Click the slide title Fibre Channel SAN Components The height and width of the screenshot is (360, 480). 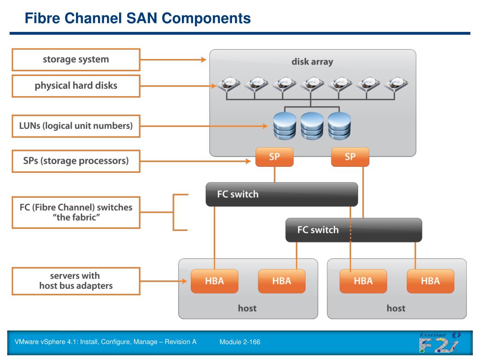tap(137, 18)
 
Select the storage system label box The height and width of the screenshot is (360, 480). tap(76, 60)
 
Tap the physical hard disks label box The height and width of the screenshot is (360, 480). tap(76, 86)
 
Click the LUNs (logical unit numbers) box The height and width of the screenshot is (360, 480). tap(76, 126)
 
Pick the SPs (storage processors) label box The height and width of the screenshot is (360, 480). tap(76, 161)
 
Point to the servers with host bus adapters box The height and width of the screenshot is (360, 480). tap(76, 281)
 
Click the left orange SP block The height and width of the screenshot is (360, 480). tap(274, 157)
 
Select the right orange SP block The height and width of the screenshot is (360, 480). tap(350, 157)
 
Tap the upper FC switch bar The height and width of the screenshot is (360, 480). tap(282, 195)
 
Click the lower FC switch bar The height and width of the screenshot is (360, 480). tap(353, 230)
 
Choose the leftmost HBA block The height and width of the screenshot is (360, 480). tap(214, 281)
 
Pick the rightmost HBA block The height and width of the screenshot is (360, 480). tap(430, 281)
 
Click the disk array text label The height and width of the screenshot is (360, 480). tap(312, 62)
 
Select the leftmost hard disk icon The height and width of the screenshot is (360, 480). tap(229, 84)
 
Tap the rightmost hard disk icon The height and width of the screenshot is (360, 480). tap(396, 84)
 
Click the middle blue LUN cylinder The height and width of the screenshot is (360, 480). tap(312, 126)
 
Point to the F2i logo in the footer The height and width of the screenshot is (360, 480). tap(440, 342)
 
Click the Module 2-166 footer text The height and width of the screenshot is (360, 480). tap(240, 342)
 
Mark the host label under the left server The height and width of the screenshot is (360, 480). tap(247, 308)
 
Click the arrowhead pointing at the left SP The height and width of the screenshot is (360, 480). tap(248, 161)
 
